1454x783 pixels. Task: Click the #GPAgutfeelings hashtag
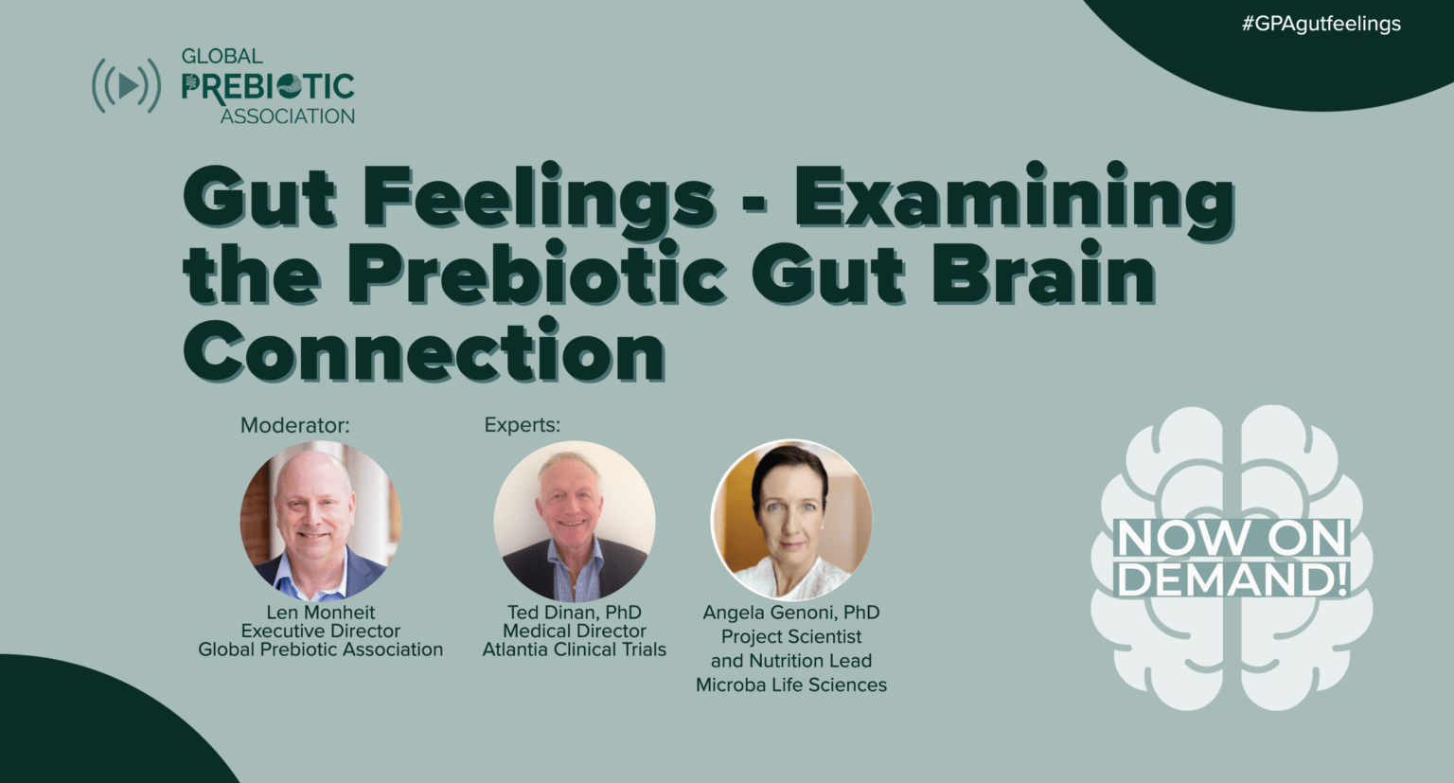[x=1321, y=24]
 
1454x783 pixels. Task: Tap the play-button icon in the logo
[x=126, y=86]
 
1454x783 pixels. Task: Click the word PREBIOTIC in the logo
[x=268, y=87]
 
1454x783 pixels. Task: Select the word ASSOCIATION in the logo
[x=287, y=116]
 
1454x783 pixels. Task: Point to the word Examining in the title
[x=1014, y=198]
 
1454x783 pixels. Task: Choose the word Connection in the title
[x=424, y=351]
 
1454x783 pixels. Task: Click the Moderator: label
[x=294, y=425]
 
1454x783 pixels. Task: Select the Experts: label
[x=522, y=425]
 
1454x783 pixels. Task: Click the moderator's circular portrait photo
[x=320, y=522]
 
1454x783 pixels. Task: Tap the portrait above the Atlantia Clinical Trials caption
[x=574, y=522]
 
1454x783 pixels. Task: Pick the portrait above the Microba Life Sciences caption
[x=791, y=520]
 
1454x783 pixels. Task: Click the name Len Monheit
[x=320, y=613]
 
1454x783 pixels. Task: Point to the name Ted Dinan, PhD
[x=574, y=613]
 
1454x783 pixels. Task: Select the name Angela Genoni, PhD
[x=791, y=613]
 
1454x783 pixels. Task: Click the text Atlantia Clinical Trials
[x=574, y=650]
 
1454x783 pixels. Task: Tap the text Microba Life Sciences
[x=791, y=685]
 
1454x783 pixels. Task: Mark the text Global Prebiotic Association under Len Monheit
[x=320, y=650]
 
